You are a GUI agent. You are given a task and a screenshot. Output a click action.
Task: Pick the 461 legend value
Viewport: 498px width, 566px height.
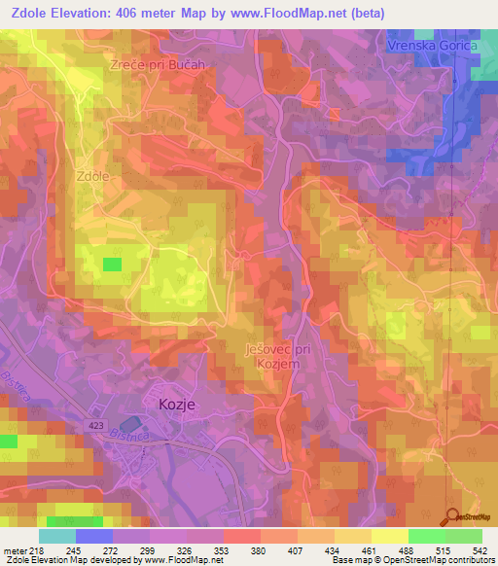[367, 549]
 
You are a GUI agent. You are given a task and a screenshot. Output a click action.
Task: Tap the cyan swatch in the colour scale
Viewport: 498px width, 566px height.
[57, 536]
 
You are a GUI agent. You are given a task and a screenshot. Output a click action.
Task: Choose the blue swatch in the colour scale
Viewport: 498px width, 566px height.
[94, 536]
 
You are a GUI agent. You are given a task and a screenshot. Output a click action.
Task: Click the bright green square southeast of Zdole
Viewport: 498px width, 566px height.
[113, 264]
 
